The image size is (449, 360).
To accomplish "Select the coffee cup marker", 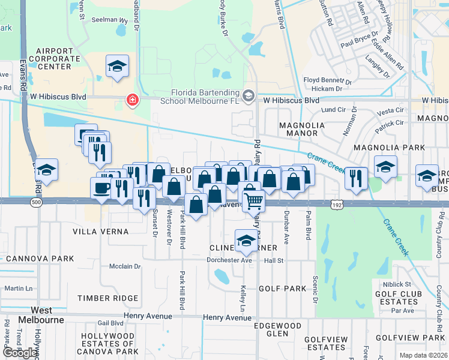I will [x=101, y=188].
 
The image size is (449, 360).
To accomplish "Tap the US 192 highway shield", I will [x=337, y=205].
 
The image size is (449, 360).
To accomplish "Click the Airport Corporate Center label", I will [x=62, y=59].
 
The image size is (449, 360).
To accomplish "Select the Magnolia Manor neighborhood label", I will [x=302, y=131].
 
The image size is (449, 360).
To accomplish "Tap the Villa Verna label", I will [x=101, y=232].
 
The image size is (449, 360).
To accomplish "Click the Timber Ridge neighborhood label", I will [x=108, y=298].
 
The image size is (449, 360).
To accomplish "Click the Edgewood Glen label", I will [x=277, y=329].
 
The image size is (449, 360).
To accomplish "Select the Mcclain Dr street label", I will [x=125, y=266].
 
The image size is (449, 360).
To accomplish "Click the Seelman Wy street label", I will [x=109, y=20].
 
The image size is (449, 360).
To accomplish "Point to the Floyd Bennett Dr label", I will [x=327, y=79].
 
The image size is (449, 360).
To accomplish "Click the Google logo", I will [x=19, y=353].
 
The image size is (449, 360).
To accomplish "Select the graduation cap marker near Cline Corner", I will [x=246, y=241].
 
